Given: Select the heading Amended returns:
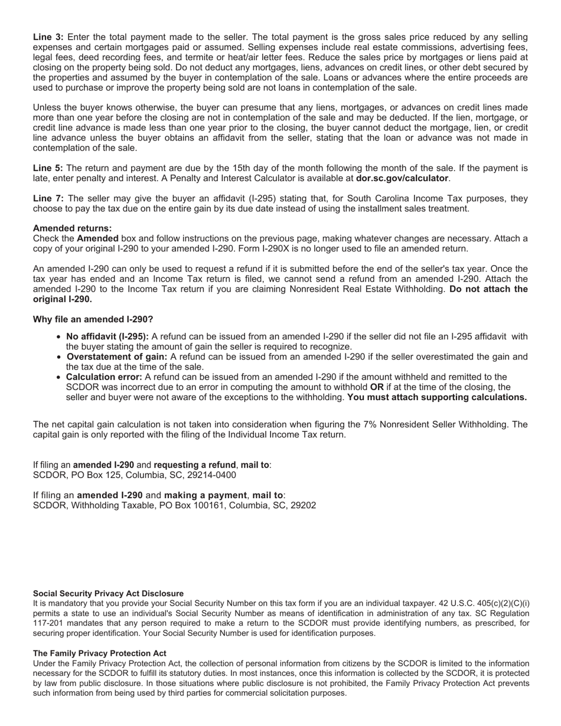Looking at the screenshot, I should (x=72, y=228).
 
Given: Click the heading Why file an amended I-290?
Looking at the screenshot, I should (x=93, y=319).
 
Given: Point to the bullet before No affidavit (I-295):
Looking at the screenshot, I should (x=60, y=337).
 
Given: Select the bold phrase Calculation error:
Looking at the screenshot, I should (x=104, y=377).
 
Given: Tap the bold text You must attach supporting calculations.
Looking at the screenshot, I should (x=437, y=397).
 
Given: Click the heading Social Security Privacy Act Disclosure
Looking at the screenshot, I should (x=108, y=593).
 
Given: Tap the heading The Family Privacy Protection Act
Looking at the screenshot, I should (x=99, y=653).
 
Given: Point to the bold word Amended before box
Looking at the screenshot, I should (x=97, y=238).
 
